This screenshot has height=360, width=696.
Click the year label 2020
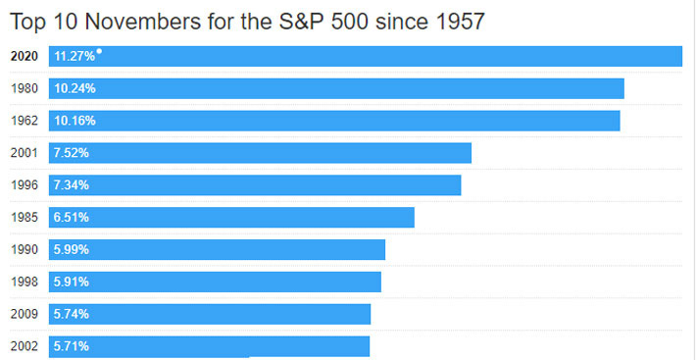24,57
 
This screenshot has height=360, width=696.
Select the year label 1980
24,88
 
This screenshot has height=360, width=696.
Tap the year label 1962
24,121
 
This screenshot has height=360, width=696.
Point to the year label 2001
24,153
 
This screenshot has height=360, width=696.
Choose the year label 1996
24,185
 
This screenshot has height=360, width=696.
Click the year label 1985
24,217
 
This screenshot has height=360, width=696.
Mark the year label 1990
24,249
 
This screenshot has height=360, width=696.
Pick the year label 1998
24,282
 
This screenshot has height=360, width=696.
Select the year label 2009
24,314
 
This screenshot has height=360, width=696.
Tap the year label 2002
24,346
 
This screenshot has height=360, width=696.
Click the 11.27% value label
75,57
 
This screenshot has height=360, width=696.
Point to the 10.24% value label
75,88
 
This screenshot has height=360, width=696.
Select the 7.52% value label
72,153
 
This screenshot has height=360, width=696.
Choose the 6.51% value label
72,217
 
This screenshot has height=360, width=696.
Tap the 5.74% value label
72,314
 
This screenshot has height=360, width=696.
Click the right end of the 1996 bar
458,185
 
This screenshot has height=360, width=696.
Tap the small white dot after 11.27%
99,51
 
